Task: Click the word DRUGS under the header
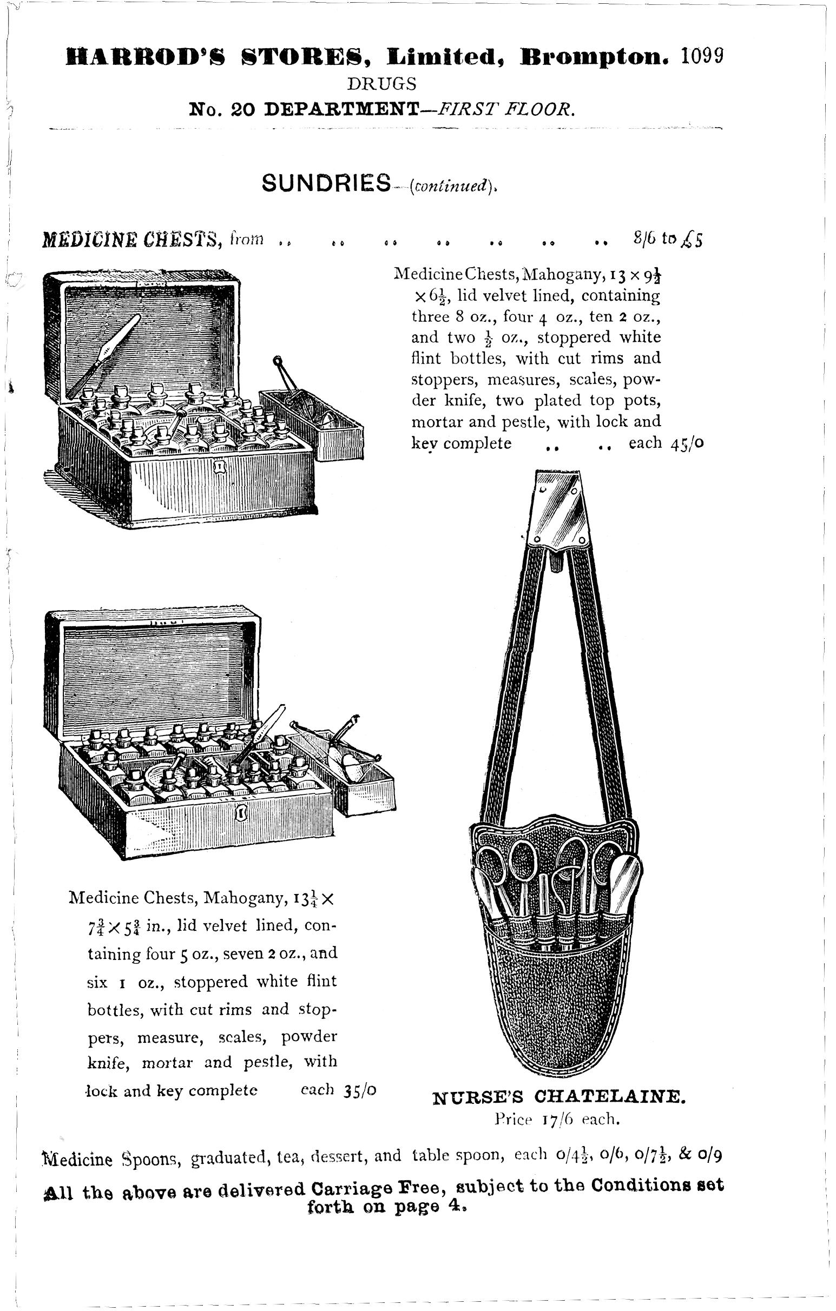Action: click(382, 83)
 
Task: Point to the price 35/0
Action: click(360, 1090)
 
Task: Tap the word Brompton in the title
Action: click(594, 57)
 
